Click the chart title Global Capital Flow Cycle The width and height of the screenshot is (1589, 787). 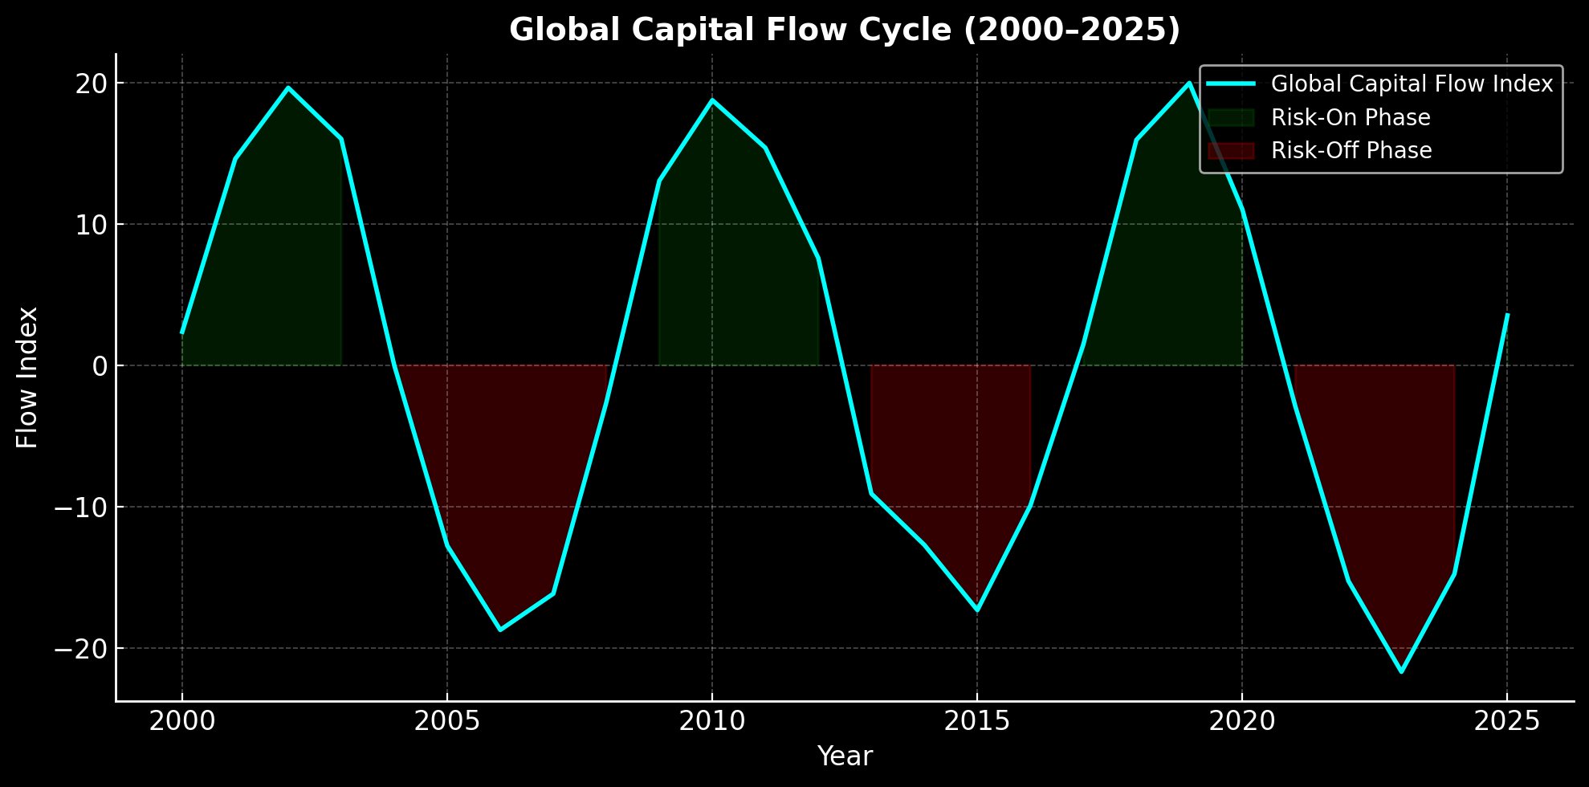tap(845, 31)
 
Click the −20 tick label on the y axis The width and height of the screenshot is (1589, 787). tap(80, 649)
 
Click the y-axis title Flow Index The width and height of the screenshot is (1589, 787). tap(27, 377)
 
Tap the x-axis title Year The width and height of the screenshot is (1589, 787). tap(845, 756)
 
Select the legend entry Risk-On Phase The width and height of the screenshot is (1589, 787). tap(1351, 118)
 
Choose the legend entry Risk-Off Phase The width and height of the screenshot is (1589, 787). tap(1351, 151)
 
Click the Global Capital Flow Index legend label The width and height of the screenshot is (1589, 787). tap(1412, 84)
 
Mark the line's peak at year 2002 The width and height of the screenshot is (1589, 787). tap(288, 88)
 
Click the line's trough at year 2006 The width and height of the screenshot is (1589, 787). tap(500, 630)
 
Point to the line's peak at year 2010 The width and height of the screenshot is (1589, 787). tap(711, 100)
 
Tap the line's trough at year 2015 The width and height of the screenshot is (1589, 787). tap(977, 610)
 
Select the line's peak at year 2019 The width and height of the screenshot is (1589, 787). tap(1188, 83)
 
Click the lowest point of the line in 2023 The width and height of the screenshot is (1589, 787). tap(1401, 671)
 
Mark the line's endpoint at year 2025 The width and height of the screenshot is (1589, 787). tap(1507, 315)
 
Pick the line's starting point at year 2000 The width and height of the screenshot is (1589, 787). tap(182, 332)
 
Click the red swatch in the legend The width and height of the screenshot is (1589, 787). tap(1230, 151)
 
